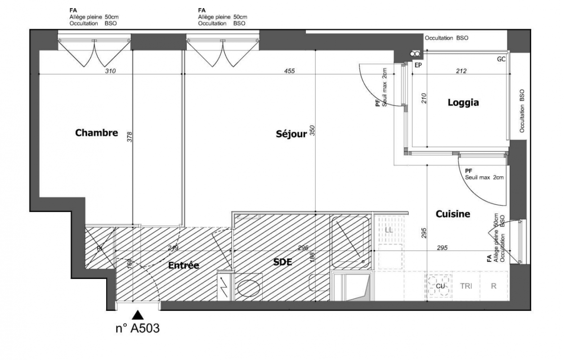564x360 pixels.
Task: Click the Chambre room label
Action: click(x=97, y=133)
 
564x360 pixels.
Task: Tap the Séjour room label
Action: click(x=291, y=134)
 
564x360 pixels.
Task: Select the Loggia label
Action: click(x=463, y=103)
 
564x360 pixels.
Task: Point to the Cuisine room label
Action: click(x=453, y=214)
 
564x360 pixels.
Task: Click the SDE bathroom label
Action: click(x=282, y=262)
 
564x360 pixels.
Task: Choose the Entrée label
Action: click(x=184, y=265)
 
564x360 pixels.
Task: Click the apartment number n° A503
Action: click(x=138, y=328)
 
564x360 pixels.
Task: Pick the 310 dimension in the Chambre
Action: click(x=111, y=71)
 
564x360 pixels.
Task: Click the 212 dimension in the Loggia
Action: click(x=461, y=71)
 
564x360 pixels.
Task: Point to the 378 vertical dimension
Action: click(x=130, y=136)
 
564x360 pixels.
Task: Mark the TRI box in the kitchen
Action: click(x=466, y=286)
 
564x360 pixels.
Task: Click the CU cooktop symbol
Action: click(x=440, y=286)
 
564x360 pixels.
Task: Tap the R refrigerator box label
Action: click(x=493, y=286)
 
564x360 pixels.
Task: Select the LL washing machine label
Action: click(x=389, y=230)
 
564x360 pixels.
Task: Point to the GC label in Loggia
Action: click(x=501, y=59)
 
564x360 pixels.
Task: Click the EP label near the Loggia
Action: click(x=418, y=65)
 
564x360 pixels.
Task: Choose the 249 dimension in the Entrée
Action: click(x=173, y=248)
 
